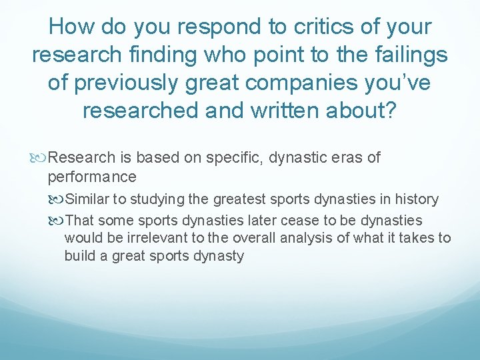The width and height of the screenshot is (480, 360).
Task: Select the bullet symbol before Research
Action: point(43,158)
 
